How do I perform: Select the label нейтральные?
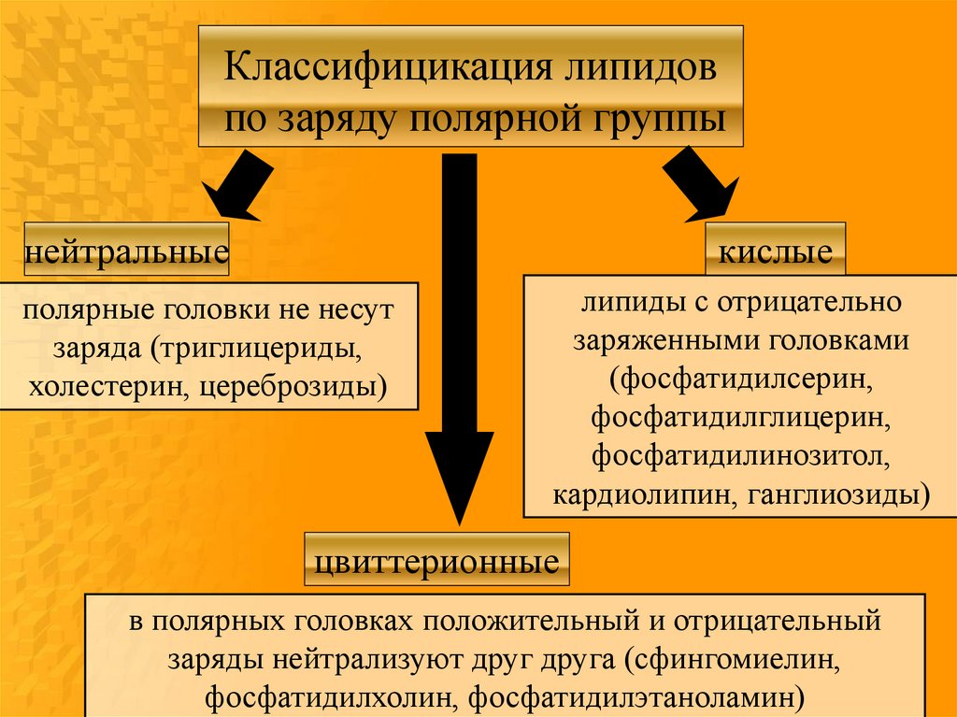point(127,251)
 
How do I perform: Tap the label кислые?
point(776,251)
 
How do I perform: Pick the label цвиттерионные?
point(436,562)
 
